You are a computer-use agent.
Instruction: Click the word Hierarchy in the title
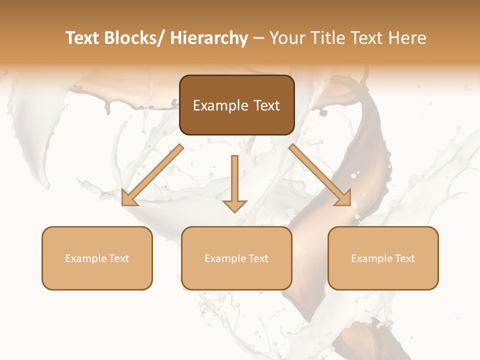point(209,38)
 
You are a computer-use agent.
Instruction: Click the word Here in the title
point(407,38)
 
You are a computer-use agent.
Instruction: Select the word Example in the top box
point(220,105)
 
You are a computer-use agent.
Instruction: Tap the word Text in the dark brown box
point(266,105)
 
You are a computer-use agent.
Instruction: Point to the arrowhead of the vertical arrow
point(234,205)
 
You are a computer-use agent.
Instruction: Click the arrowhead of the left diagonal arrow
point(129,198)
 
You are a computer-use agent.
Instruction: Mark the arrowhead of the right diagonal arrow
point(343,198)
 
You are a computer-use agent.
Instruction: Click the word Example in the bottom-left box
point(86,258)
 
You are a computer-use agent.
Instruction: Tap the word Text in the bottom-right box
point(404,258)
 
